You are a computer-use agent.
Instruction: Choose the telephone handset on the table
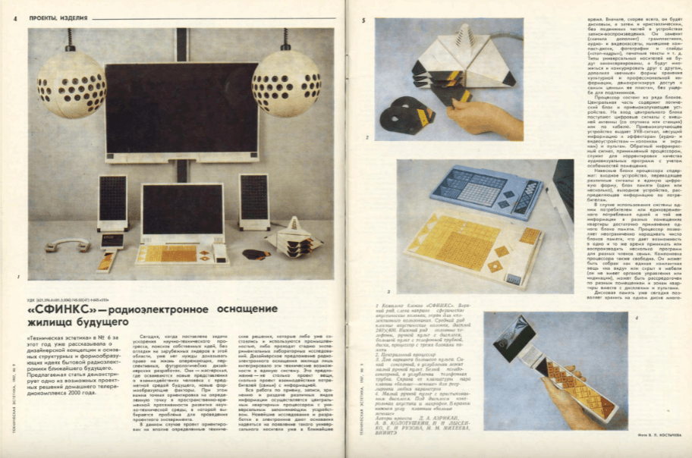click(x=68, y=244)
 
